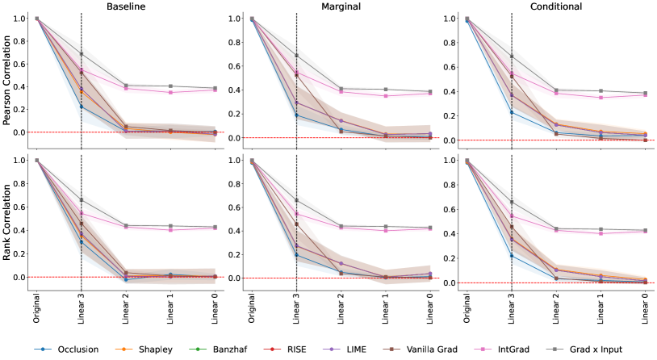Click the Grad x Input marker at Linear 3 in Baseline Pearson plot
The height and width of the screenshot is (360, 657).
(x=82, y=54)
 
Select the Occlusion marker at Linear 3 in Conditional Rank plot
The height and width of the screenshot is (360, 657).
(x=512, y=256)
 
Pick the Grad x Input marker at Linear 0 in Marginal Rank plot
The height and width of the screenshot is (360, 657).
(x=430, y=228)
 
